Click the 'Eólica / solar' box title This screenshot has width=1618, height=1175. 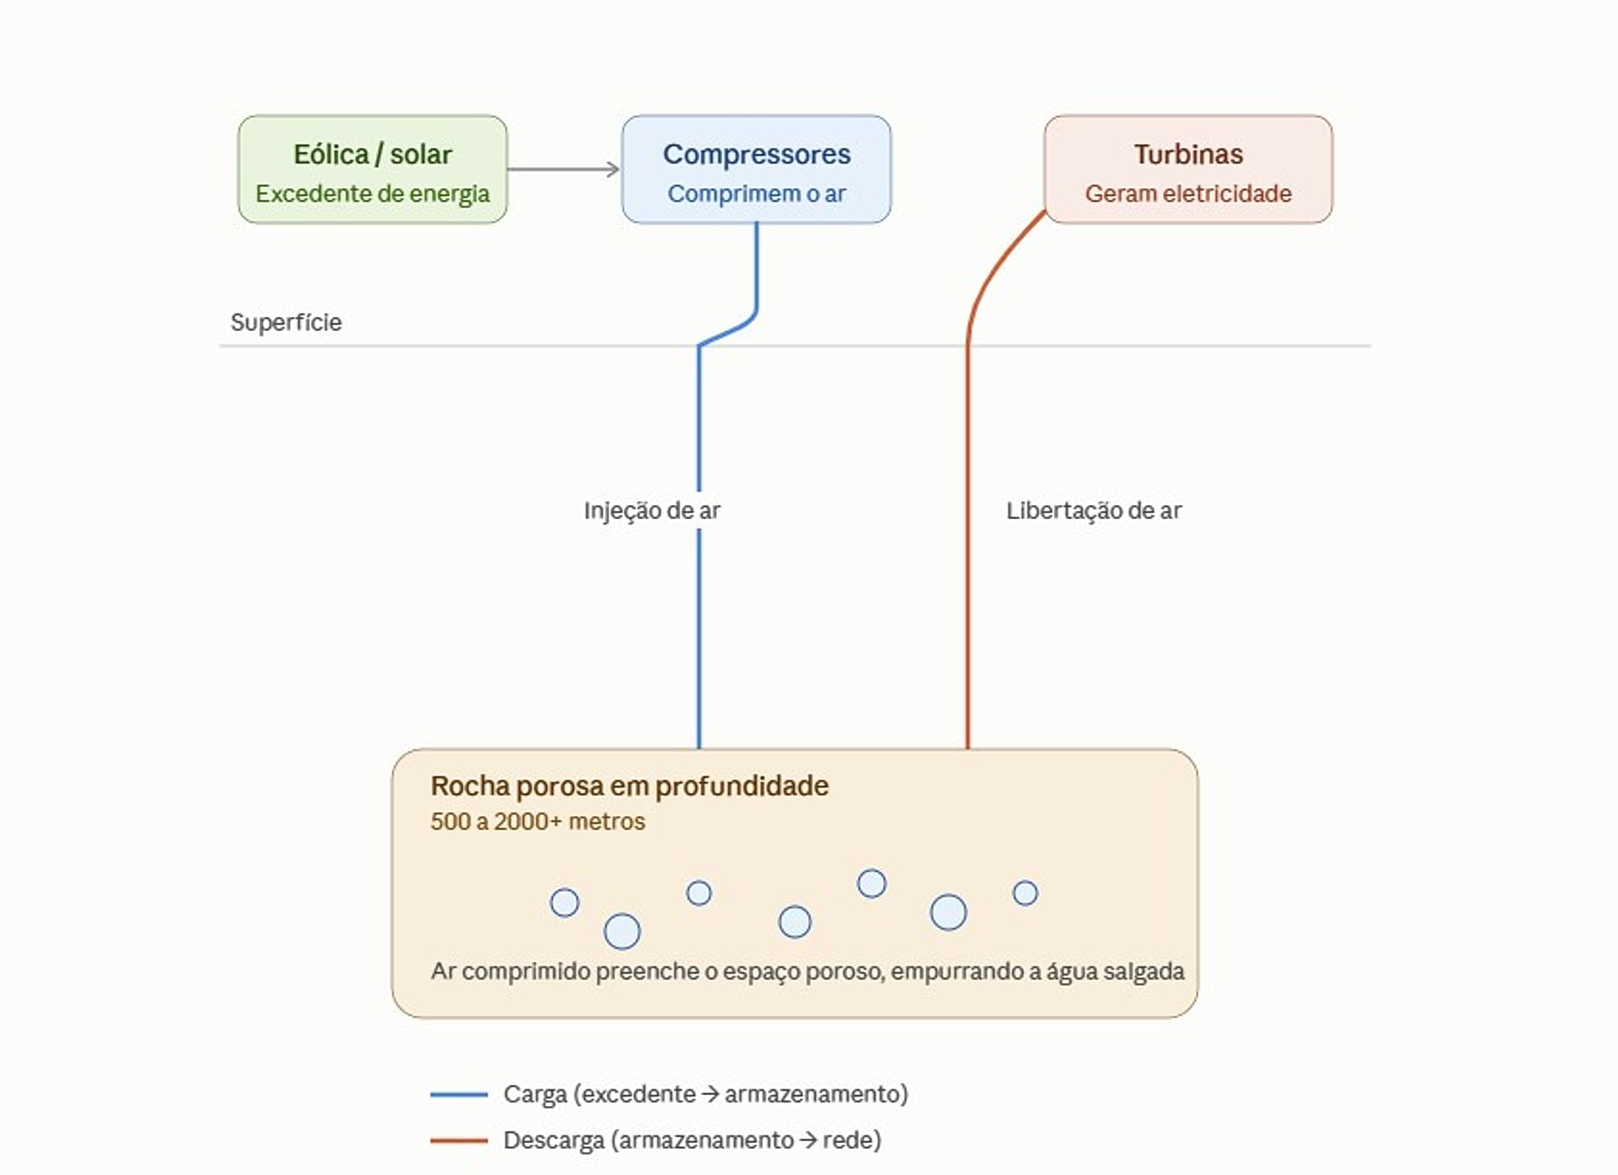372,154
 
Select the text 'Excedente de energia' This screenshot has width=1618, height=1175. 372,194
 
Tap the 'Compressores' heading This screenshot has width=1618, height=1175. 757,154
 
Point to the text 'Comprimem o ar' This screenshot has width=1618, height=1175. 757,194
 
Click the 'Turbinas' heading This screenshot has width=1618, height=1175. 1188,154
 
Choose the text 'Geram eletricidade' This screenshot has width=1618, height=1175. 1188,194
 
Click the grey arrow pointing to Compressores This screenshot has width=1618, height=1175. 564,169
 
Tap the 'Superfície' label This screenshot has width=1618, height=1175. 287,322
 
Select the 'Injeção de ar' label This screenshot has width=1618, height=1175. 652,510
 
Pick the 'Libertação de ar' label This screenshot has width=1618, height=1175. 1094,510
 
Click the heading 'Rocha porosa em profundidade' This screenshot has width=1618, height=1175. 630,786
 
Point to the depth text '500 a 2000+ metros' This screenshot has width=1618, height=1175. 538,821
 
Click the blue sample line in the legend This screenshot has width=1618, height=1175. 459,1094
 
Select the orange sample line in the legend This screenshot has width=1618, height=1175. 459,1140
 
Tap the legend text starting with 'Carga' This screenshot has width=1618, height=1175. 706,1094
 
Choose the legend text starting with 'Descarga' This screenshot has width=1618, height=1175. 693,1140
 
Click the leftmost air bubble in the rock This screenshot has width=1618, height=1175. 565,903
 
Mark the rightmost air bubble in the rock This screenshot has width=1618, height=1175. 1026,893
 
